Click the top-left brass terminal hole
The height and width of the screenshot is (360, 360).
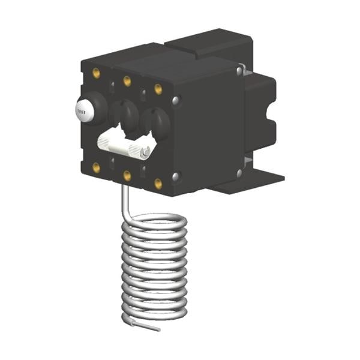pos(96,73)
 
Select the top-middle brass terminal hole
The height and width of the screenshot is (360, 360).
pos(127,81)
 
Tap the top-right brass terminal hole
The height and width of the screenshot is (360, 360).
pos(158,89)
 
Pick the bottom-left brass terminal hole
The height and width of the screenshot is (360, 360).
pos(96,167)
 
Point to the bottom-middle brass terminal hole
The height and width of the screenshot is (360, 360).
pos(127,175)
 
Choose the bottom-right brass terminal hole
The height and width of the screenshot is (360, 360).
pos(158,184)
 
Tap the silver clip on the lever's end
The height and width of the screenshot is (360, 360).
pos(145,152)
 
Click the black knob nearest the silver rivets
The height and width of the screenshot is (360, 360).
pos(157,121)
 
